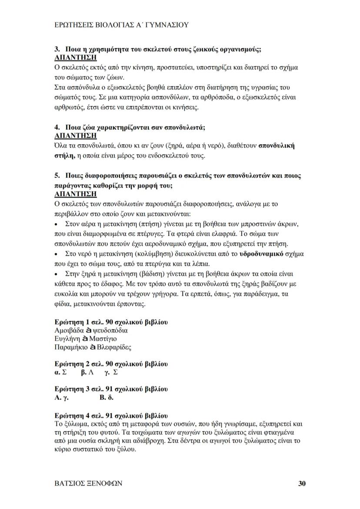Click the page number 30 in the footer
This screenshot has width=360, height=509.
point(302,483)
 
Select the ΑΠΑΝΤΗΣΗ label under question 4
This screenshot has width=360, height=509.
point(75,136)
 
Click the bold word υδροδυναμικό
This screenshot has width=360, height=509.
point(261,254)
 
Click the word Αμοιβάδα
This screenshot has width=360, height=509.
point(69,330)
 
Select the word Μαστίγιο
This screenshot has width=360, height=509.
point(103,338)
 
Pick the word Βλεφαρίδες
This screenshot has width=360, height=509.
point(114,347)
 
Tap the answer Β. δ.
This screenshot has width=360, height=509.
point(107,398)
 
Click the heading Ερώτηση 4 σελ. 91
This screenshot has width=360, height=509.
point(111,415)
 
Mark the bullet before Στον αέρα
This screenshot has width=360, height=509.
point(57,224)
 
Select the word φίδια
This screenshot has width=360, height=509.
point(63,304)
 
